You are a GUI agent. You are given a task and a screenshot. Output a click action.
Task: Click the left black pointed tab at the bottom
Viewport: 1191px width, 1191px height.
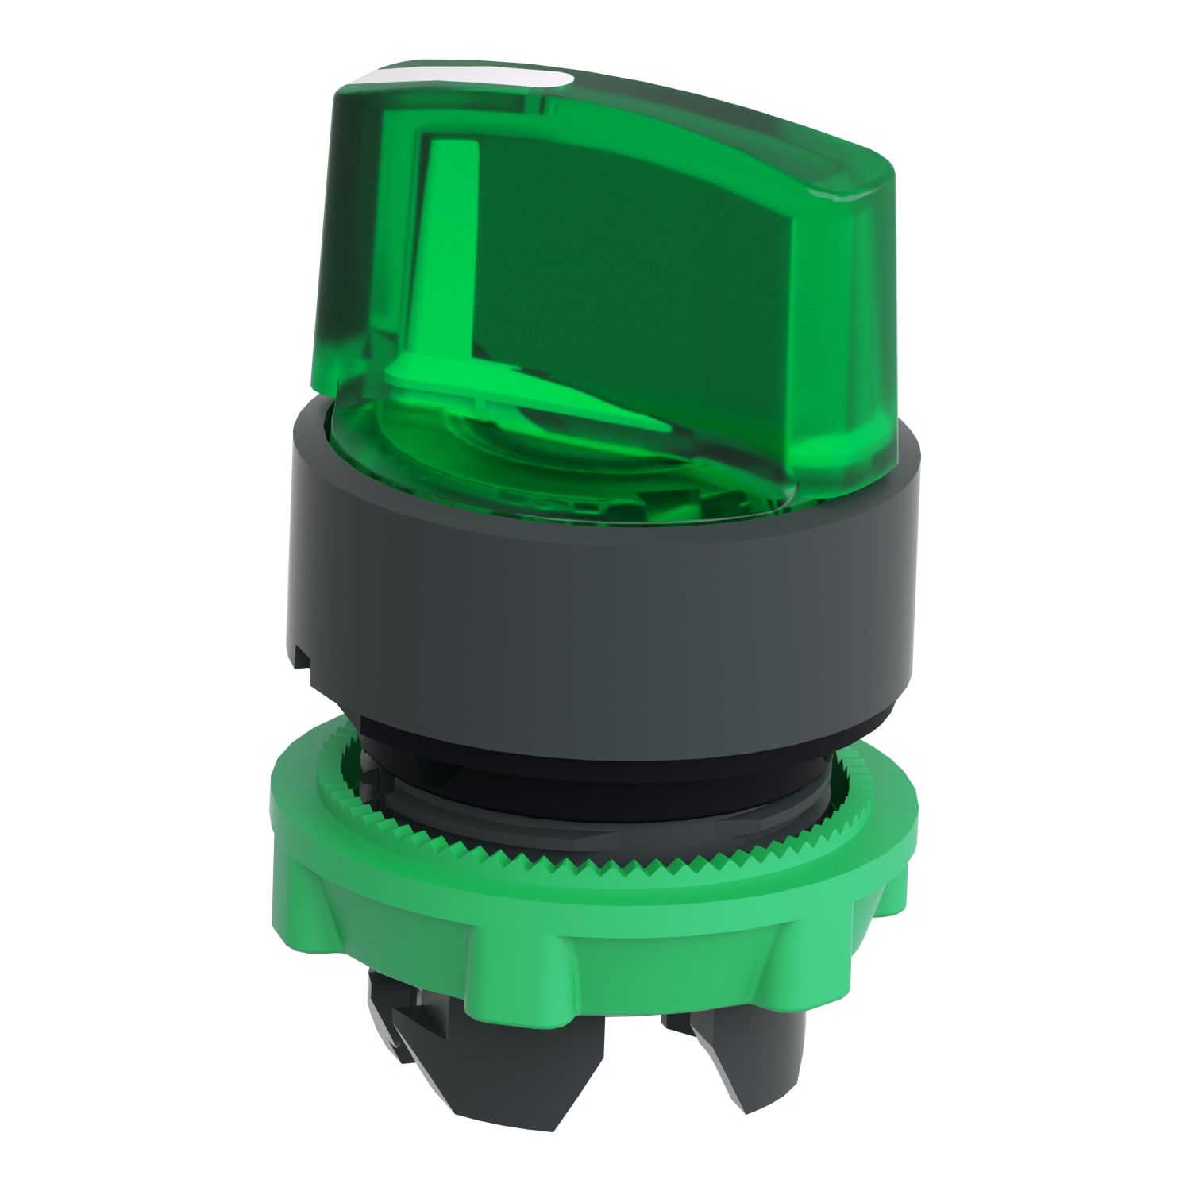[x=397, y=1032]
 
